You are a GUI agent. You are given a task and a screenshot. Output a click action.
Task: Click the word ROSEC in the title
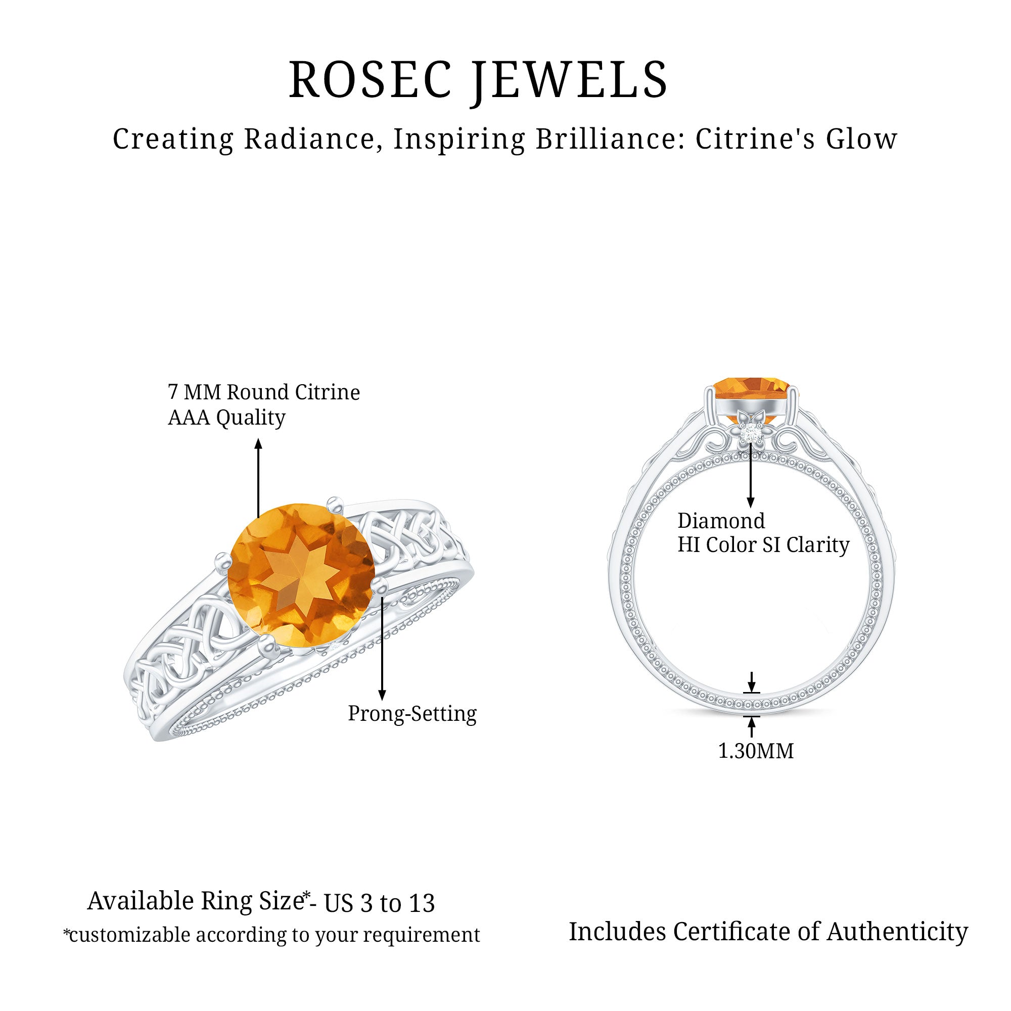click(371, 79)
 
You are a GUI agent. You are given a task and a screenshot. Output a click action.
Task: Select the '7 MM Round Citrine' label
click(264, 392)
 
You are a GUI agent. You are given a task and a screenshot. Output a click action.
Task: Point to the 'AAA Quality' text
click(226, 418)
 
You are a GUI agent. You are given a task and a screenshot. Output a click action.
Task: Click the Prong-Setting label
click(412, 714)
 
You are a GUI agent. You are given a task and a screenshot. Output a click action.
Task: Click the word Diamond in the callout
click(721, 521)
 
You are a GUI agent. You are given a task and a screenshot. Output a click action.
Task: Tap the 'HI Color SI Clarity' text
click(763, 545)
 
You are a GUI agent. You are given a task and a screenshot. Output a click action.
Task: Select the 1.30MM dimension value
click(756, 751)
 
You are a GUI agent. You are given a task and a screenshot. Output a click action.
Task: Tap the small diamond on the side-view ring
click(752, 434)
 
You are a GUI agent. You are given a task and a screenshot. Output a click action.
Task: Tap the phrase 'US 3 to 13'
click(380, 904)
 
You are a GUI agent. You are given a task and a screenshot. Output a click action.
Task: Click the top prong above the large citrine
click(333, 503)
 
